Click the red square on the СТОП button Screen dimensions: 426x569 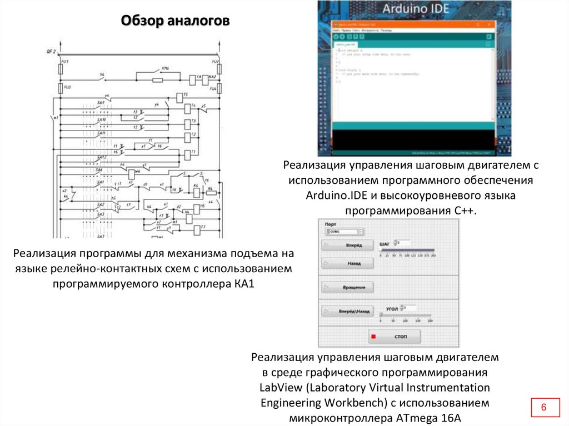coord(373,337)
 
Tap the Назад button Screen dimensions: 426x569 coord(347,263)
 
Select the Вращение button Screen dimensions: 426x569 coord(347,287)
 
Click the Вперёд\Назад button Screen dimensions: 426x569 coord(347,312)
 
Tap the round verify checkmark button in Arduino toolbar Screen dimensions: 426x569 coord(336,36)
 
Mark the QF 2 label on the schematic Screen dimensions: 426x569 coord(51,52)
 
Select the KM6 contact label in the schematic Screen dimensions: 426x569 coord(165,68)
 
